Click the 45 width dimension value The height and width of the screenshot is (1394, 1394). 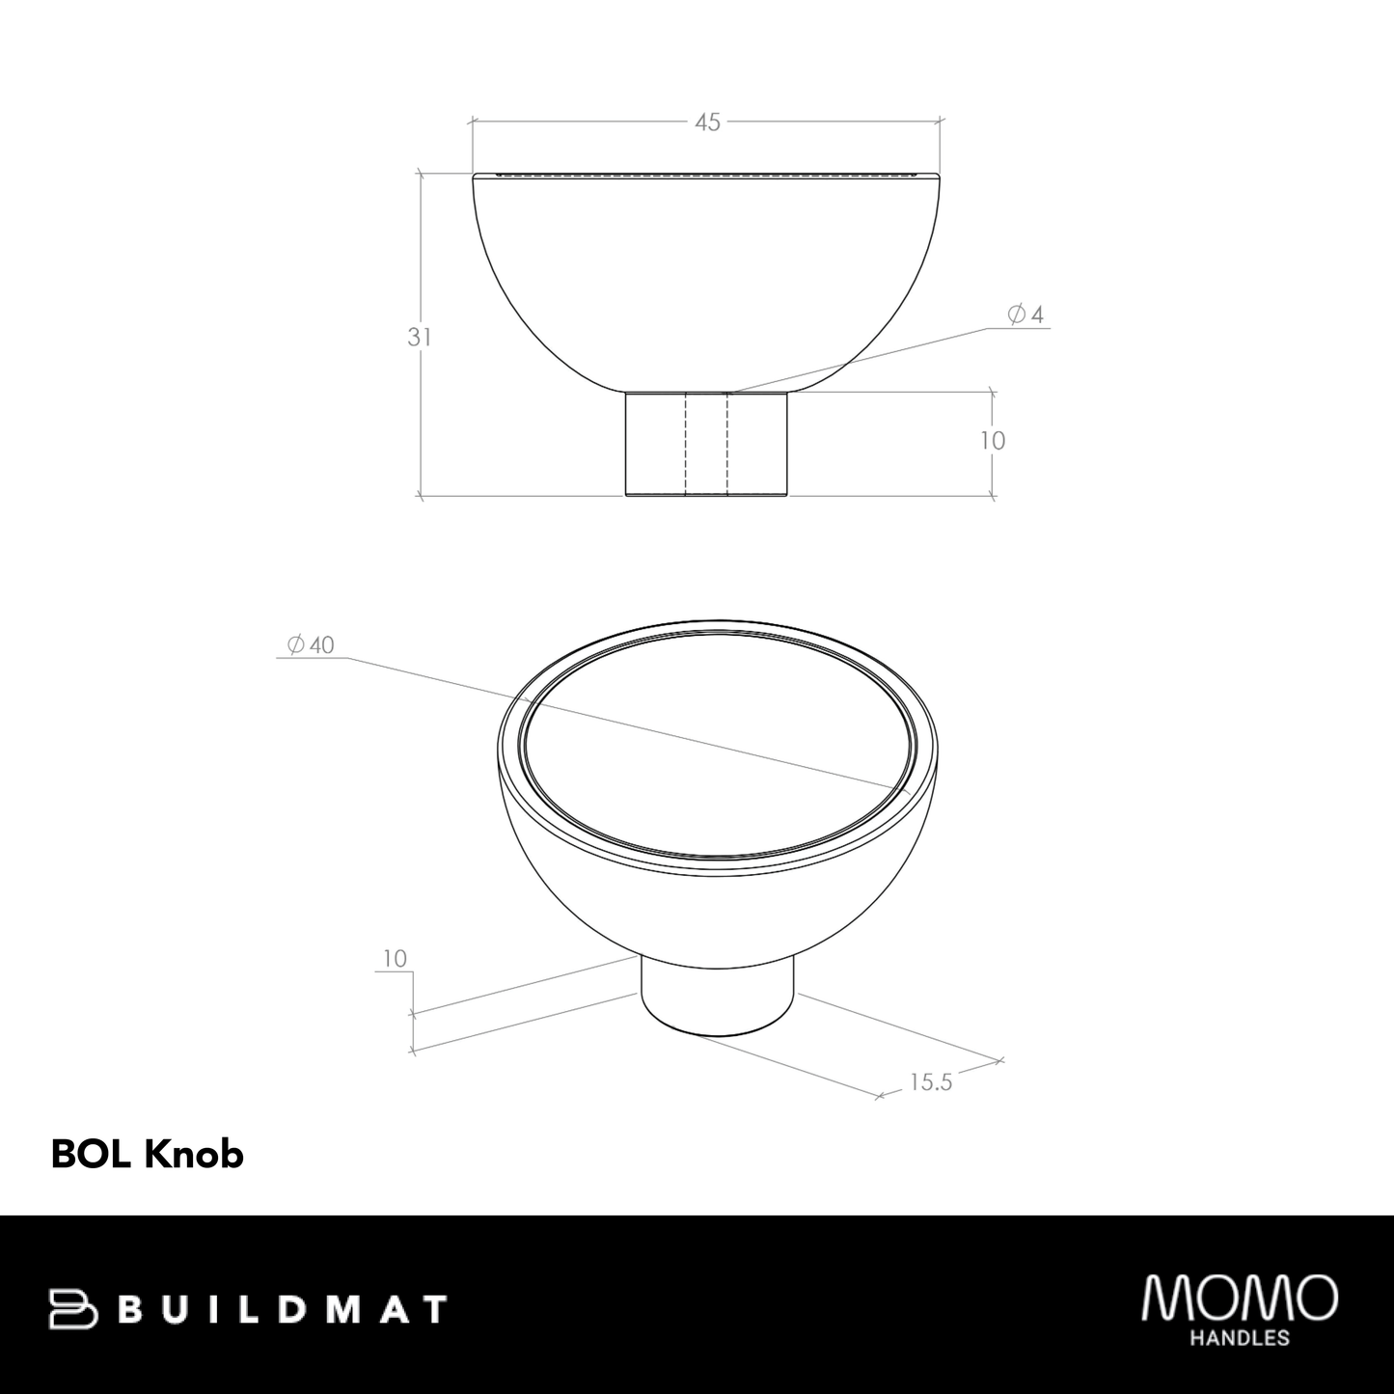[x=707, y=123]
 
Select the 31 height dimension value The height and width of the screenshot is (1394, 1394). [x=419, y=338]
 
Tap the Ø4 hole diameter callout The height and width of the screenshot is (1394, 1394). [x=1025, y=314]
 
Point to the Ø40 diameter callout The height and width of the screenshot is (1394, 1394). [x=311, y=645]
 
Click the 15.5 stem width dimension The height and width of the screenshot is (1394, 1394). [x=930, y=1082]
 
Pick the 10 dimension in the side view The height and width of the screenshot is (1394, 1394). [x=993, y=441]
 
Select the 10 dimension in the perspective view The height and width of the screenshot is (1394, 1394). [x=395, y=959]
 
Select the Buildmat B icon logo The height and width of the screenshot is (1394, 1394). [x=73, y=1309]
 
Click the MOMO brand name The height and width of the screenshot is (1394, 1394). [x=1239, y=1298]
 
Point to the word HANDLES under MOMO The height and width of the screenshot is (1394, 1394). [x=1240, y=1338]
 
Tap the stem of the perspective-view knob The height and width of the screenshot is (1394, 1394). [x=718, y=998]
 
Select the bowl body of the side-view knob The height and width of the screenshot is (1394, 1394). [x=707, y=280]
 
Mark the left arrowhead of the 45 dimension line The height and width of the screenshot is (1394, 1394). [x=473, y=122]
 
